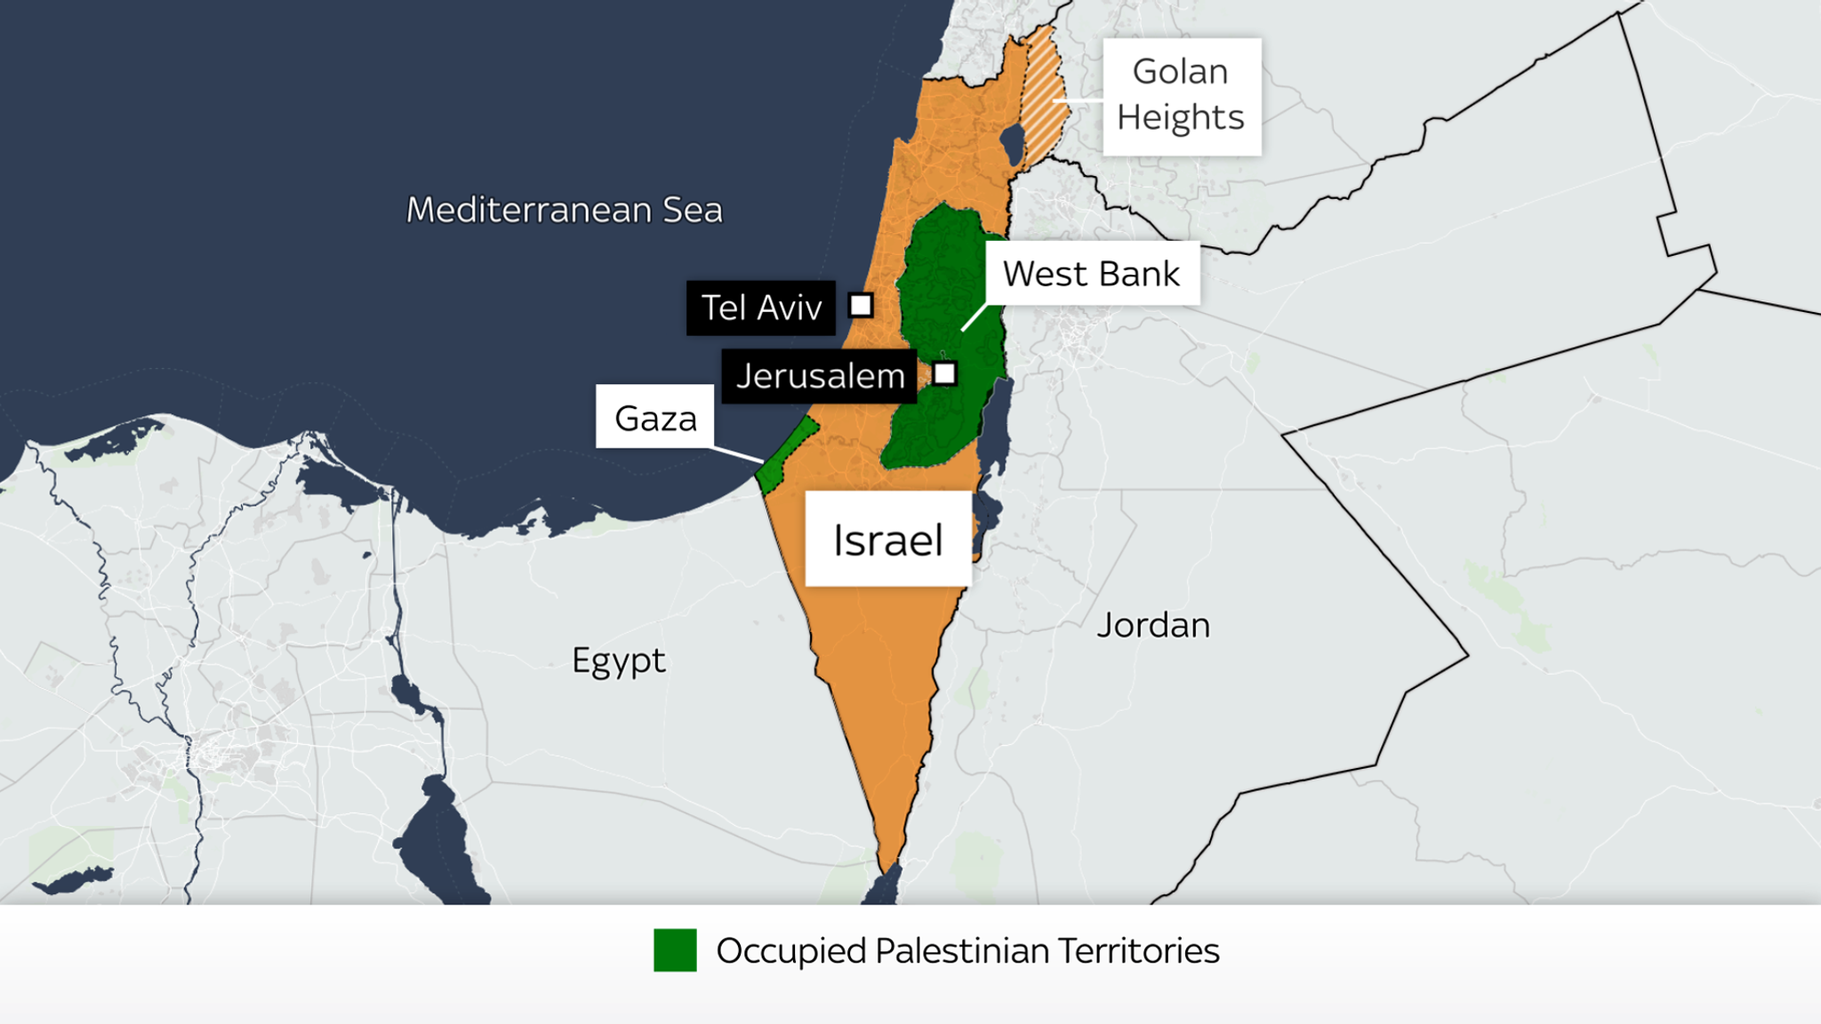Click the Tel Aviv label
coord(761,308)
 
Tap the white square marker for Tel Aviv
coord(861,306)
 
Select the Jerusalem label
coord(819,376)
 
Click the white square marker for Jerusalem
coord(944,373)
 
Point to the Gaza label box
coord(655,417)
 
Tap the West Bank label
coord(1091,274)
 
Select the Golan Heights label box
coord(1181,95)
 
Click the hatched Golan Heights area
coord(1043,98)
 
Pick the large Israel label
coord(887,540)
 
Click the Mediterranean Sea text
coord(564,211)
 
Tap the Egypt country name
coord(618,660)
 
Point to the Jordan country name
coord(1152,626)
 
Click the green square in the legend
coord(675,950)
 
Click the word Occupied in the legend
coord(790,951)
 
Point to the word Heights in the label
coord(1180,117)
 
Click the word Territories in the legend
coord(1138,951)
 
